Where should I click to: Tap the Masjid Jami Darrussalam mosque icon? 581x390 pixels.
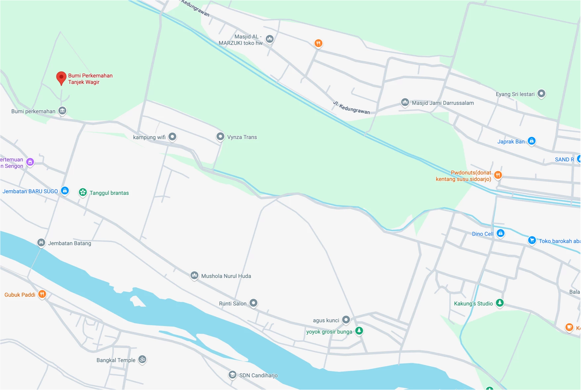click(405, 102)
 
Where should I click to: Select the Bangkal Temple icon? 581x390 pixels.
click(142, 359)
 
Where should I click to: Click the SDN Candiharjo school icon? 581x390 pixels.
click(233, 374)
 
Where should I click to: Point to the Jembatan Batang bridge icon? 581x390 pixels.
click(41, 243)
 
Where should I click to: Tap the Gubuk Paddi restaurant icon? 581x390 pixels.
click(42, 294)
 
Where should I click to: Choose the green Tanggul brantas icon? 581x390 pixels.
click(83, 192)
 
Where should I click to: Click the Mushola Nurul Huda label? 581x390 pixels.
click(226, 276)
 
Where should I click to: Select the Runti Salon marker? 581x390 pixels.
click(253, 303)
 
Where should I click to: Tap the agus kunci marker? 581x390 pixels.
click(346, 320)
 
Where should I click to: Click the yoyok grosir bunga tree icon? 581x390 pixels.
click(359, 331)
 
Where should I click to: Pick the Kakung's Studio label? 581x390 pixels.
click(473, 303)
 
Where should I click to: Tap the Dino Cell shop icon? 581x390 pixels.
click(501, 233)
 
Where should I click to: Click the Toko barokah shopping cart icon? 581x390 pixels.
click(532, 240)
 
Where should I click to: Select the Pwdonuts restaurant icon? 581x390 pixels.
click(498, 175)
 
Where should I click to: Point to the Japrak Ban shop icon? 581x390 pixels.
click(532, 141)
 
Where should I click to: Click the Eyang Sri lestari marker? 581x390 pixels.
click(541, 94)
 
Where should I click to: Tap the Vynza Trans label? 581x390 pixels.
click(242, 137)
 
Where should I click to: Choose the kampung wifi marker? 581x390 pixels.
click(172, 136)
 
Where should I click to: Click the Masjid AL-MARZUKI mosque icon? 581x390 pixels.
click(270, 39)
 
